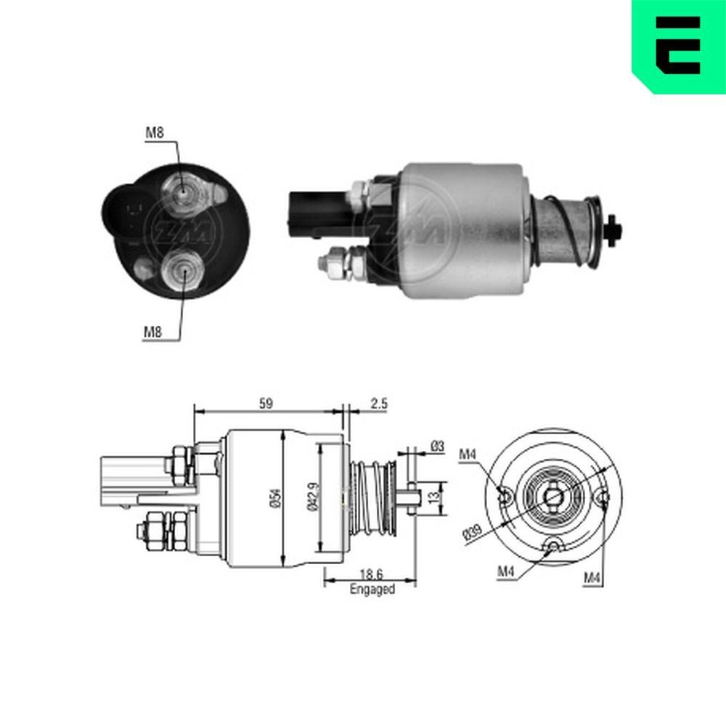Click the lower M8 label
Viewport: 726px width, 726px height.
click(x=152, y=333)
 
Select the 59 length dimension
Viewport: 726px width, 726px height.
click(x=266, y=404)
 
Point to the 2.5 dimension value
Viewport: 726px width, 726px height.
click(x=378, y=404)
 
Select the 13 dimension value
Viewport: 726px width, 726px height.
click(x=433, y=497)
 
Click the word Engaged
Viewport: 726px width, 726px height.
click(x=372, y=589)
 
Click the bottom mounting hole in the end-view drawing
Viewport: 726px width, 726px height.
click(x=555, y=546)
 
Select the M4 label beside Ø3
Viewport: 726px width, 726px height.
click(x=468, y=454)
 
